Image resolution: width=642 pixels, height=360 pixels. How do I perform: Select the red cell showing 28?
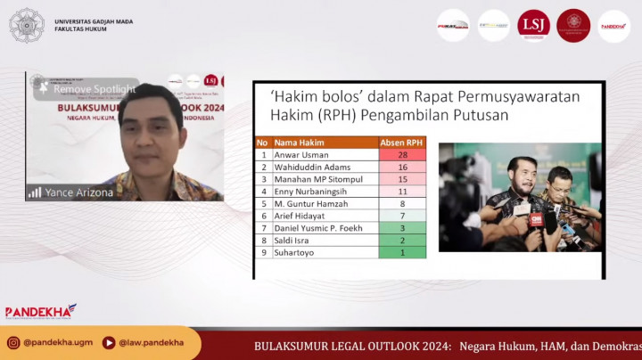(x=402, y=154)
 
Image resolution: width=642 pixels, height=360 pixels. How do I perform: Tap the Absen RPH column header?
(x=402, y=142)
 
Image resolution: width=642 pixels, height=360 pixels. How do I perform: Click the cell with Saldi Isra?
(x=292, y=240)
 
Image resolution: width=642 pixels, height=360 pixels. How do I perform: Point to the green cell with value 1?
(x=402, y=252)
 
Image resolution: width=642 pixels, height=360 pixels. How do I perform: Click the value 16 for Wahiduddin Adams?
(x=402, y=167)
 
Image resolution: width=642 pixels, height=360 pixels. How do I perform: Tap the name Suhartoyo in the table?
(x=294, y=252)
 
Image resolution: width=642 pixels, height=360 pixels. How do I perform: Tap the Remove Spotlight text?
(x=94, y=89)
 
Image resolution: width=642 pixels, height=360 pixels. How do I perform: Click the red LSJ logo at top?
(x=533, y=25)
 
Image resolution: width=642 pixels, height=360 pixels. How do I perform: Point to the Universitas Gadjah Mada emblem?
(x=26, y=25)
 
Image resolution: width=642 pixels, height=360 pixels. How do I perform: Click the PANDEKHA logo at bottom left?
(x=40, y=312)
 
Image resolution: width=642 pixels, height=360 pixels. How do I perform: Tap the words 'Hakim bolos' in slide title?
(x=309, y=96)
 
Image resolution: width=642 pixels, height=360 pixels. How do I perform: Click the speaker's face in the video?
(x=152, y=134)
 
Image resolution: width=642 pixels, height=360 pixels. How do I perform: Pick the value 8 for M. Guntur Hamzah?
(x=402, y=203)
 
